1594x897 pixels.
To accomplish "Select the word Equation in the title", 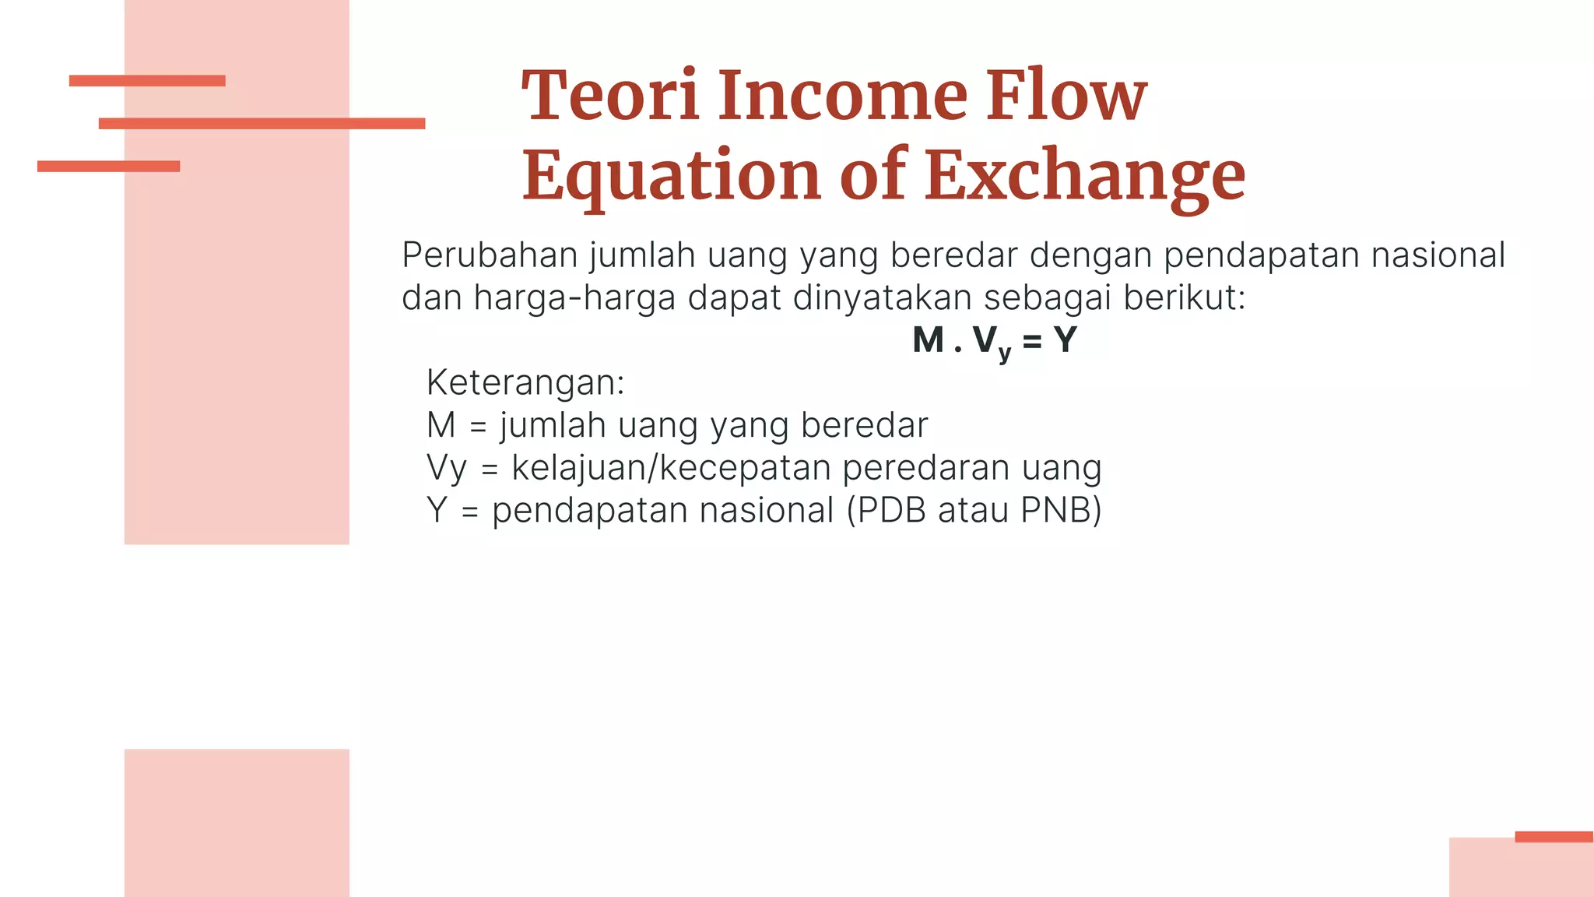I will coord(671,176).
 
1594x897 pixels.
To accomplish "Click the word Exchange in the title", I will coord(1085,176).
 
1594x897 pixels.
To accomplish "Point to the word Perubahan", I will coord(489,255).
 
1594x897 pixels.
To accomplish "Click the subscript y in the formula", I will coord(1004,352).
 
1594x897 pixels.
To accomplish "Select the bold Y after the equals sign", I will coord(1064,340).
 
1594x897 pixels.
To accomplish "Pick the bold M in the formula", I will coord(928,340).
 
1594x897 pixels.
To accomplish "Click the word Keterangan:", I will coord(525,382).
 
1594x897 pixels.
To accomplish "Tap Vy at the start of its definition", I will coord(446,468).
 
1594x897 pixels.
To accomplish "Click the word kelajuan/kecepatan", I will coord(671,468).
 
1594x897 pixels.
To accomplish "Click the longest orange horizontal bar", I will coord(262,123).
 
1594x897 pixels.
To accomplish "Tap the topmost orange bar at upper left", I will coord(147,80).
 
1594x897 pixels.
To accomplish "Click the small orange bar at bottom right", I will coord(1554,837).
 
